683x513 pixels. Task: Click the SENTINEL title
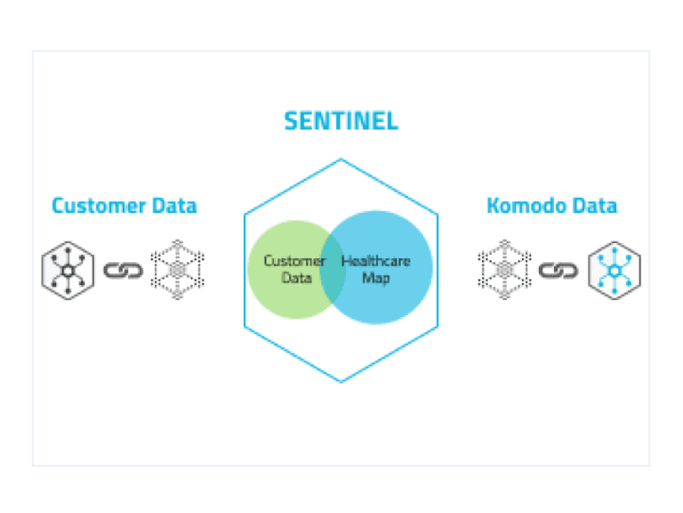(x=341, y=120)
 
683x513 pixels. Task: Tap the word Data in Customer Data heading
(x=172, y=206)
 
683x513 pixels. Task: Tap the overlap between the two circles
(x=333, y=269)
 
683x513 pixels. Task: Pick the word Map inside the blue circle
(x=374, y=278)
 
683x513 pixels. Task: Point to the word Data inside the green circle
(x=297, y=278)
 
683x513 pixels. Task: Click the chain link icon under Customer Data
(x=123, y=269)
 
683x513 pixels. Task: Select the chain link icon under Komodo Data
(x=558, y=269)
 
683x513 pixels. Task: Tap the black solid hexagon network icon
(x=68, y=269)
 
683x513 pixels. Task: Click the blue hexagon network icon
(x=615, y=269)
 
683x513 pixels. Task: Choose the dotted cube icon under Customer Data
(x=177, y=268)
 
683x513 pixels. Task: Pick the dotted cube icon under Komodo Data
(x=504, y=268)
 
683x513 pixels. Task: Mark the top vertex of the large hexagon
(x=341, y=159)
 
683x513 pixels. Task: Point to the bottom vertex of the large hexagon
(x=341, y=382)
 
